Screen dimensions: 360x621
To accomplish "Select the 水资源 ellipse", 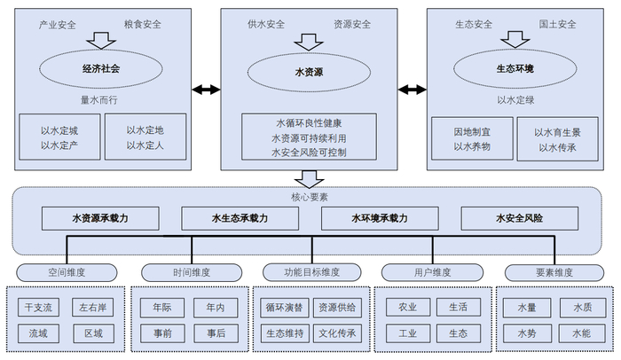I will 309,69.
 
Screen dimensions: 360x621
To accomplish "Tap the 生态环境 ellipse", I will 515,68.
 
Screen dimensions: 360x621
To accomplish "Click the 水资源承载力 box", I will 101,217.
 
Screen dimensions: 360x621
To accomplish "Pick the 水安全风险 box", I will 520,217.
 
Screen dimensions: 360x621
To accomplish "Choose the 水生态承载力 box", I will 240,217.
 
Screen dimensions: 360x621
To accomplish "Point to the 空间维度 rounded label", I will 65,271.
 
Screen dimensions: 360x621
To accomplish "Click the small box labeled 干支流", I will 39,308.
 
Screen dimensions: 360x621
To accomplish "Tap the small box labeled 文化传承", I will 337,333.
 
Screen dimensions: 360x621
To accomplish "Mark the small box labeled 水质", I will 581,308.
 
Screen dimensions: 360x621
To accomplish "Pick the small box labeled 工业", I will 407,333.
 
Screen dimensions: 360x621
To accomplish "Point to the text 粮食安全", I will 145,24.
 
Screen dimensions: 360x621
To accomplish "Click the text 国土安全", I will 557,24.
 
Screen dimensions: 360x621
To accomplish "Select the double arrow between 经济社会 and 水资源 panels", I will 206,89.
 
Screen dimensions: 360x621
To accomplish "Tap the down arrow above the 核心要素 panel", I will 310,178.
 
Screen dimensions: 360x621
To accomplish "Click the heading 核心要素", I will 310,197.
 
